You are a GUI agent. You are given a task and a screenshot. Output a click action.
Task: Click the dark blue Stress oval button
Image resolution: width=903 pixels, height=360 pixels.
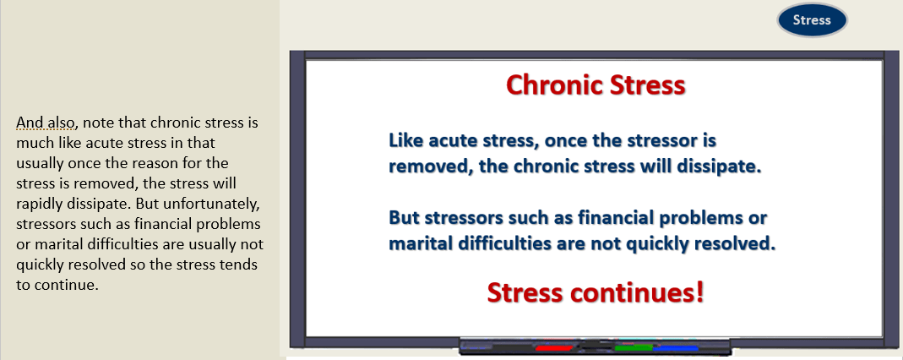[812, 20]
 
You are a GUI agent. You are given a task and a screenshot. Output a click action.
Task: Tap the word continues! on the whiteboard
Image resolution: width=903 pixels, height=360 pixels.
[637, 292]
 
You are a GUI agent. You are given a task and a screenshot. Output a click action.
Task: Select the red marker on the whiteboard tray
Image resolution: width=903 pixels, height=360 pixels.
[555, 348]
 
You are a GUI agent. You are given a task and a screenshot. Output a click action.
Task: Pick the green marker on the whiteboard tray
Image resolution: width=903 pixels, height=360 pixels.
[634, 348]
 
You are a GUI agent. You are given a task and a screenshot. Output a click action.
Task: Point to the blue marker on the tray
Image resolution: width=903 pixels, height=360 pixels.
[676, 348]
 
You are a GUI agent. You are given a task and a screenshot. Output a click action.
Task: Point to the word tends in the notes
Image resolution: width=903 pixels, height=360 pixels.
[242, 265]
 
